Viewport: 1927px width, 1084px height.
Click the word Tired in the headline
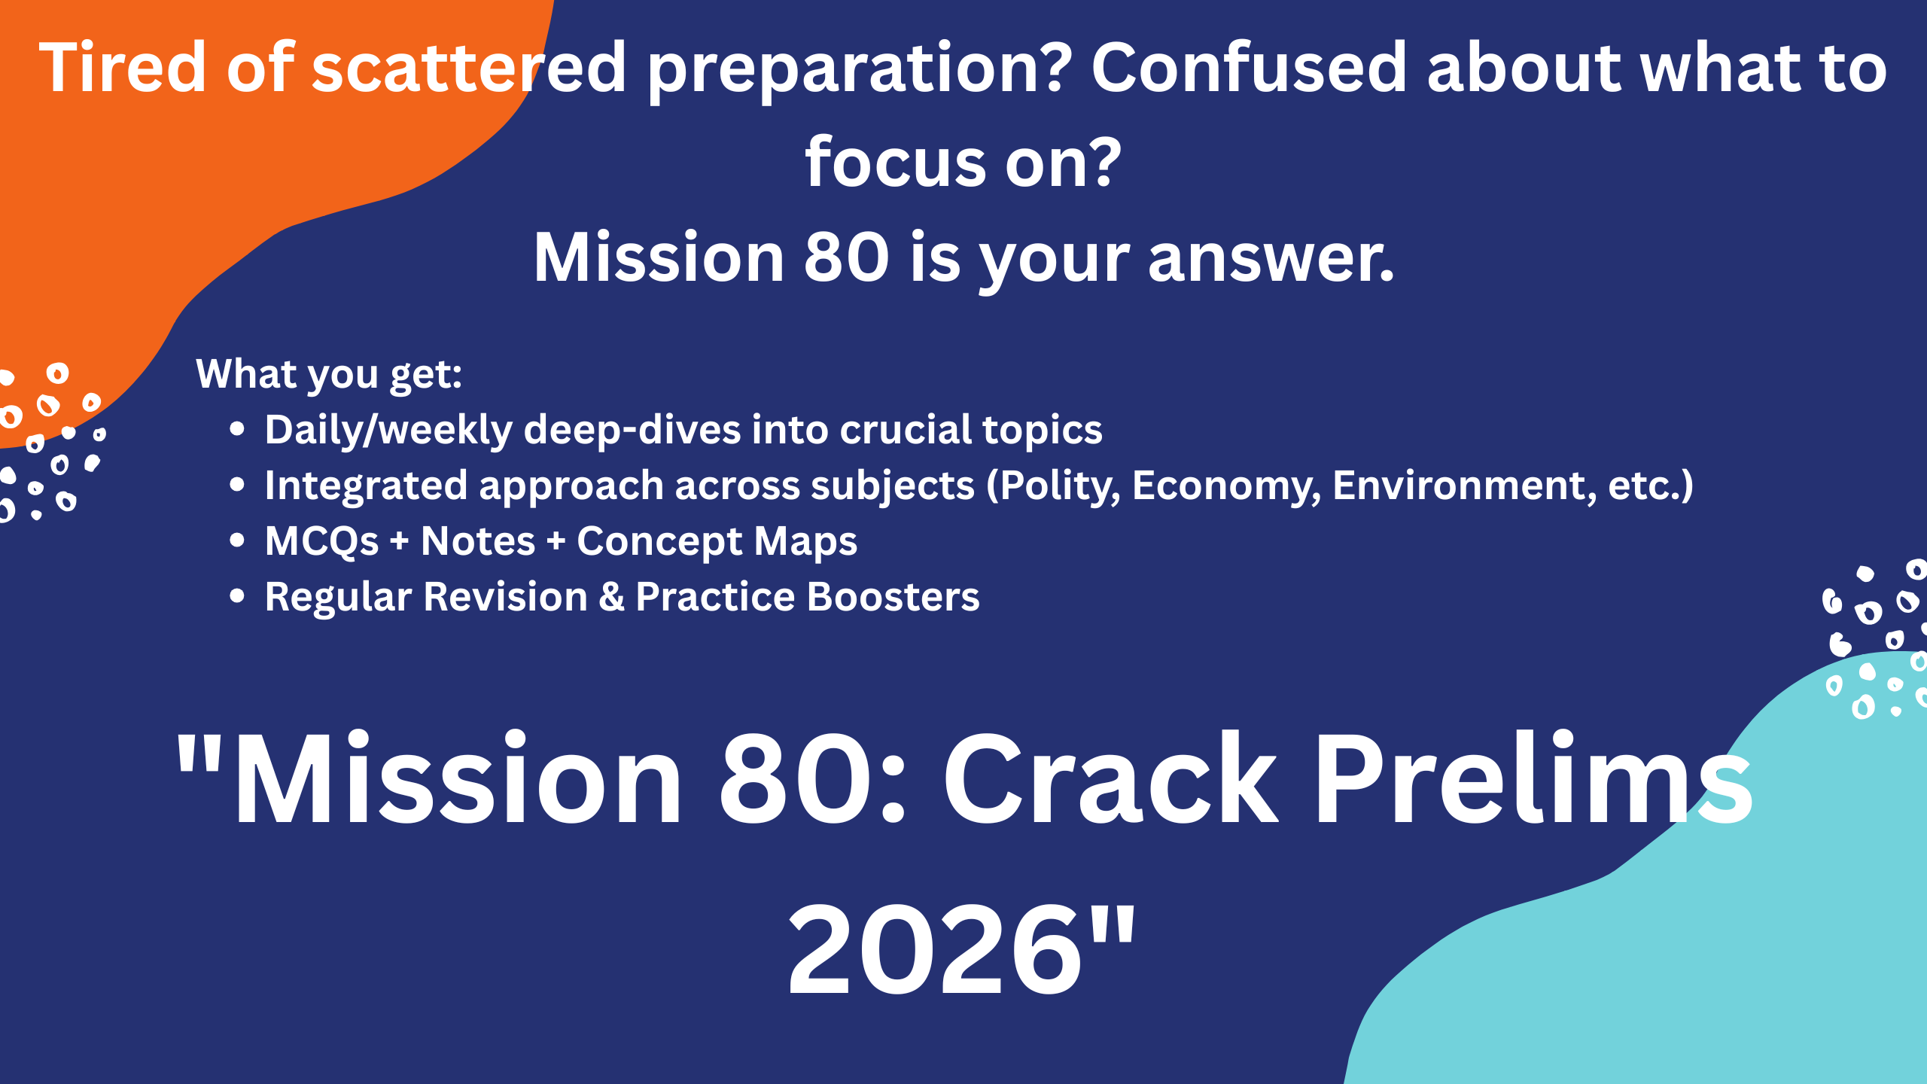coord(123,68)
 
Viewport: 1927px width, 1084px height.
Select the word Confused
coord(1249,68)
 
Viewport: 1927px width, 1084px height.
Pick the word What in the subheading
coord(242,373)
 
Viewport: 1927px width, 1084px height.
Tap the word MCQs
coord(321,542)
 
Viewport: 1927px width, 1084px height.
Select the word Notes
coord(478,541)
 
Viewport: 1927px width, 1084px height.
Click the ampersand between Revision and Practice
coord(612,597)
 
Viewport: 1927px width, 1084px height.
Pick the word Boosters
coord(893,597)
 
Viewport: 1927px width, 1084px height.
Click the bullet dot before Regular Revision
coord(237,596)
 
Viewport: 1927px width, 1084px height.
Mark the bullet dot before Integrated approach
coord(237,485)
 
